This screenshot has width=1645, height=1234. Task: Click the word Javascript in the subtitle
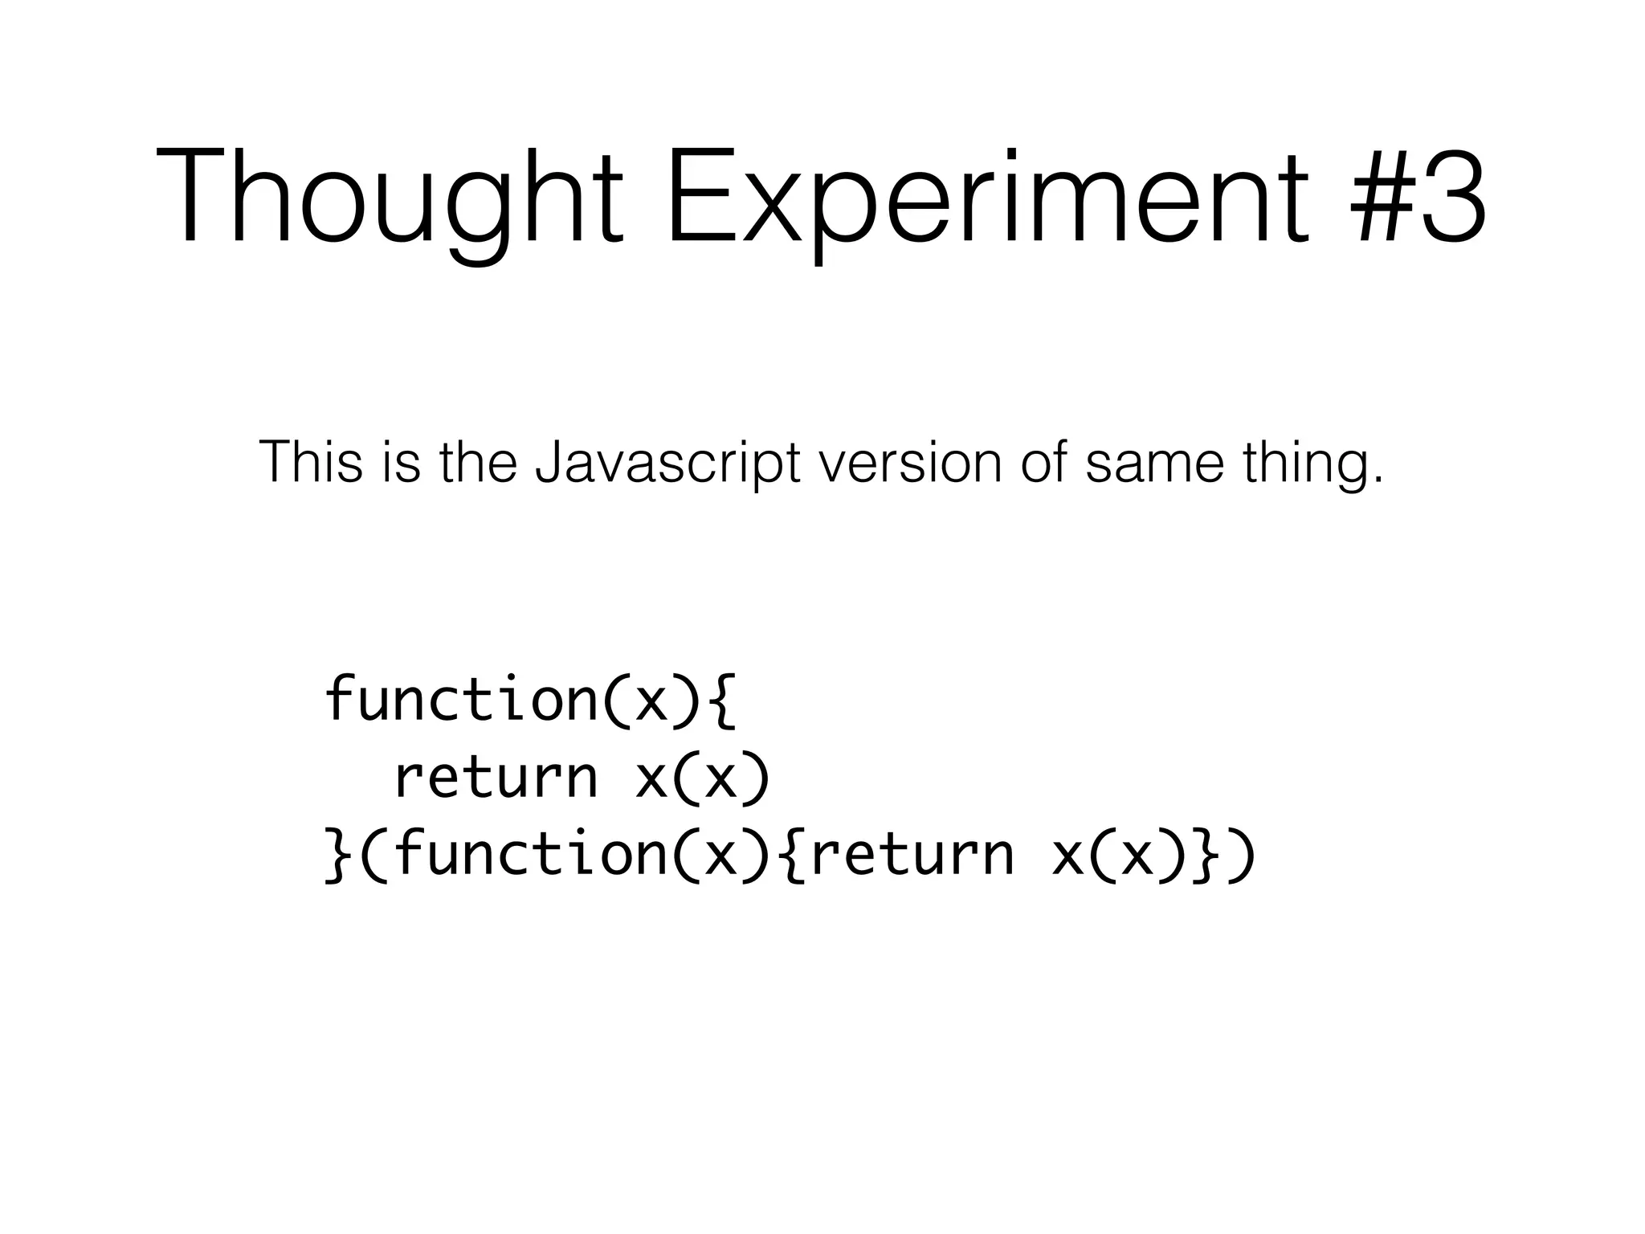click(667, 464)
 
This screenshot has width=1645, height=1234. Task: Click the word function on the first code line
click(461, 698)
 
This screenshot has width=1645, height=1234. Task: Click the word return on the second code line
click(496, 777)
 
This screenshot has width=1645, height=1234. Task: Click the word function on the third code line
click(531, 853)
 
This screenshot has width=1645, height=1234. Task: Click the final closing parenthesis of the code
click(1242, 855)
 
